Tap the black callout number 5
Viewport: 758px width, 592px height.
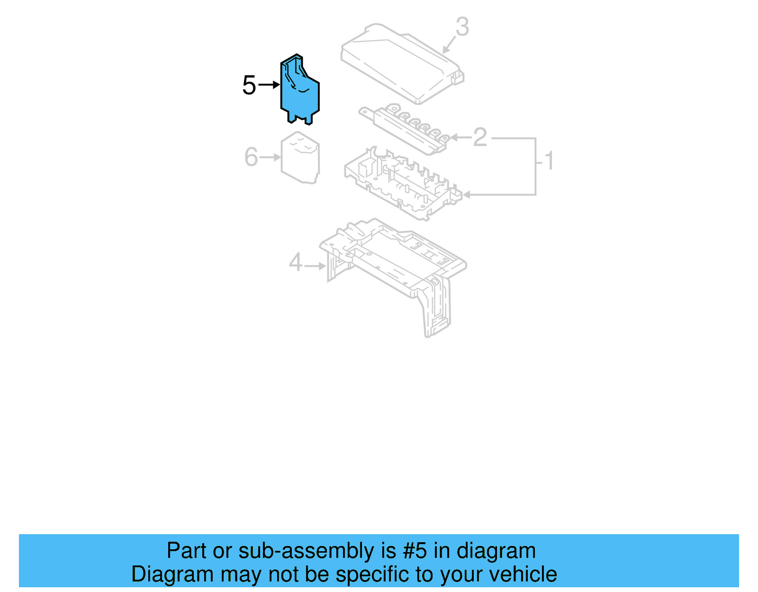(x=249, y=85)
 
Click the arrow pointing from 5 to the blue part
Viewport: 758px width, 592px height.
(x=270, y=85)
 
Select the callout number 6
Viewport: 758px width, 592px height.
(x=251, y=157)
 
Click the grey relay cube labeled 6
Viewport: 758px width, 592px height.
(x=300, y=159)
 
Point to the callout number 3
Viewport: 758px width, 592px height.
(x=462, y=27)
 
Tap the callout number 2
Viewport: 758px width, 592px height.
(x=479, y=137)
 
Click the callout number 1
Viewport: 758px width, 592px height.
(x=549, y=161)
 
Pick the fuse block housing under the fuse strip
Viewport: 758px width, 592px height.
(x=403, y=185)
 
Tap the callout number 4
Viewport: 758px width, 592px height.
(x=296, y=262)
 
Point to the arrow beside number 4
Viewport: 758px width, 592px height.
(x=315, y=266)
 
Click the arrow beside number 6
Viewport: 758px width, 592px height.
(x=271, y=157)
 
